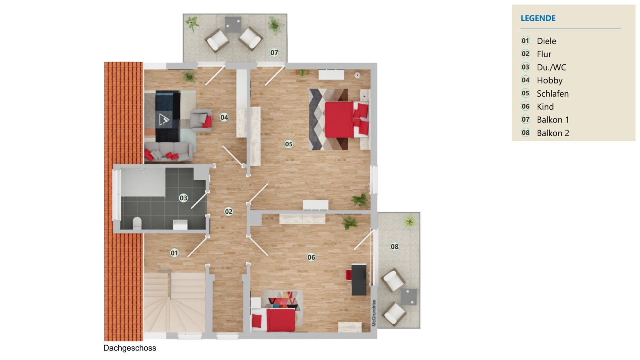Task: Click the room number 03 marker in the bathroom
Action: (x=183, y=198)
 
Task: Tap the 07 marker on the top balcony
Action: (x=274, y=52)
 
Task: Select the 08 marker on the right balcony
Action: (x=394, y=246)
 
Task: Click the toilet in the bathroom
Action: (x=137, y=223)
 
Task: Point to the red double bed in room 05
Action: (x=340, y=120)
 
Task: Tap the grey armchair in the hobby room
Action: (x=200, y=120)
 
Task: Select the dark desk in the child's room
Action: (x=359, y=280)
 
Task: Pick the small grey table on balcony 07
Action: (x=233, y=24)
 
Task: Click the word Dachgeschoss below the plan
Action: (x=130, y=348)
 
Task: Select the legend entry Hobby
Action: (x=550, y=80)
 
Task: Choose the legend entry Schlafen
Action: (x=552, y=94)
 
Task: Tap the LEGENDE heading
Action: (x=538, y=18)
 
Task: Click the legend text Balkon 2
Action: (x=553, y=133)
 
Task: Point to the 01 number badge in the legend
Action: (x=525, y=41)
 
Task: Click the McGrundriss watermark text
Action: (x=374, y=313)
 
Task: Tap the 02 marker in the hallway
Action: (x=228, y=212)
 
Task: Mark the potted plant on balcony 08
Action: (x=409, y=221)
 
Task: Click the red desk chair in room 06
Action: (x=348, y=275)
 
